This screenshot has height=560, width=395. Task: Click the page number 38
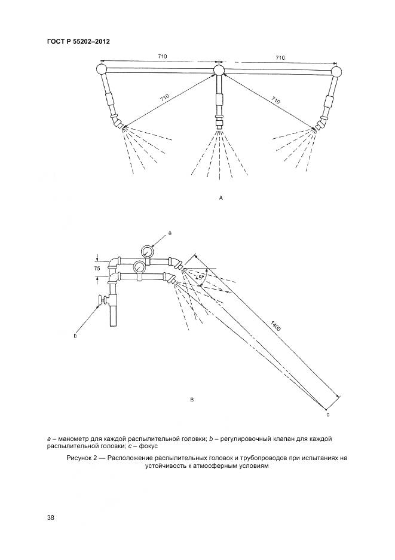coord(50,518)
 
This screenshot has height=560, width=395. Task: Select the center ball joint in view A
coord(219,71)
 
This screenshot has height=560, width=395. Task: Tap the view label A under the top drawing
coord(221,197)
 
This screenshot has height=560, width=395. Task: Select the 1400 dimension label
coord(275,327)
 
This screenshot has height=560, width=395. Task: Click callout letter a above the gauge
coord(170,231)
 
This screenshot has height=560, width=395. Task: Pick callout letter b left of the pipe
coord(75,336)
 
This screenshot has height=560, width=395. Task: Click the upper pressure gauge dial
coord(147,251)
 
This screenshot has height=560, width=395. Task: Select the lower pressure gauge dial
coord(139,267)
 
